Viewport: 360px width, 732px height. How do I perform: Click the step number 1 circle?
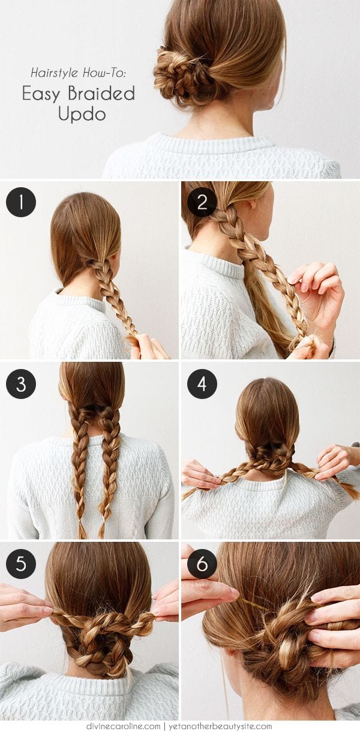[x=21, y=202]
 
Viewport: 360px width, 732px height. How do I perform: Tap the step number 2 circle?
[x=202, y=202]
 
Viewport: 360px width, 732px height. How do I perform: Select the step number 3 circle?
[x=21, y=384]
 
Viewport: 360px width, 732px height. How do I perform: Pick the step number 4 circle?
[x=202, y=384]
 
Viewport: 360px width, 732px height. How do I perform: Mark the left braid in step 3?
[x=80, y=462]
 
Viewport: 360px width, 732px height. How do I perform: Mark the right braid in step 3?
[x=110, y=462]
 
